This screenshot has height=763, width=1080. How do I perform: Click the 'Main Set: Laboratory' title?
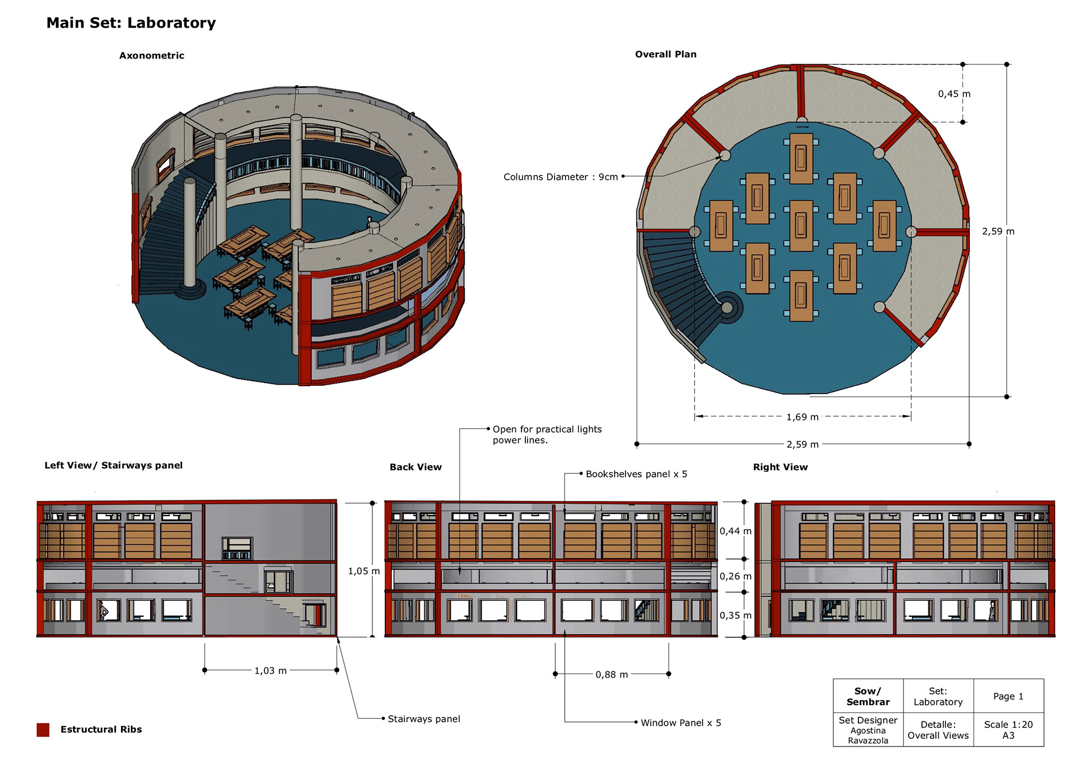tap(131, 22)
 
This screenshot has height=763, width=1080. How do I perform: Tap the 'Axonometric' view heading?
tap(151, 55)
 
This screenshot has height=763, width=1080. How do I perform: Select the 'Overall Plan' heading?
tap(665, 54)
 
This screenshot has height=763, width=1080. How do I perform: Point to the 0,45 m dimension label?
tap(953, 94)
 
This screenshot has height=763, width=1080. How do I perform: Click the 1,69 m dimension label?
tap(802, 417)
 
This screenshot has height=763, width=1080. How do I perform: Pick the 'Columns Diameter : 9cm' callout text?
tap(560, 177)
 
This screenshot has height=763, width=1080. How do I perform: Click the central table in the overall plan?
tap(801, 225)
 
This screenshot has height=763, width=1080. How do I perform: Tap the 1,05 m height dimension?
tap(363, 571)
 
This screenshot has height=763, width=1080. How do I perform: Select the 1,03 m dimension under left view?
tap(271, 670)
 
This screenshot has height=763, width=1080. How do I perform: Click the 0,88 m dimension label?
tap(611, 674)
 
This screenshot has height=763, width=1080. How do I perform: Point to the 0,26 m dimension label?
tap(735, 576)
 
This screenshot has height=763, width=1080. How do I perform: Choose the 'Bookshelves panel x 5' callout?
tap(636, 474)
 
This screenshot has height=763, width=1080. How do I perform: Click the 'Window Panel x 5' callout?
tap(681, 723)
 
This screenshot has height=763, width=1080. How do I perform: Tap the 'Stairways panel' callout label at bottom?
tap(424, 719)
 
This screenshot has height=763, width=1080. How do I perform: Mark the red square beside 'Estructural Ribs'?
tap(43, 729)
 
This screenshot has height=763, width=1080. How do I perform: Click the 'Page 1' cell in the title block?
tap(1008, 696)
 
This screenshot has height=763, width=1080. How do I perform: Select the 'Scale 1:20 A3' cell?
tap(1008, 729)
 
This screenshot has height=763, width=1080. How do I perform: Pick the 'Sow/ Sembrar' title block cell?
tap(868, 696)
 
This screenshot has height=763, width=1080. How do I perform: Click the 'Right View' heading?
tap(780, 467)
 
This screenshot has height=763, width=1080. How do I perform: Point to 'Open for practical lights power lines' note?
tap(547, 434)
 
